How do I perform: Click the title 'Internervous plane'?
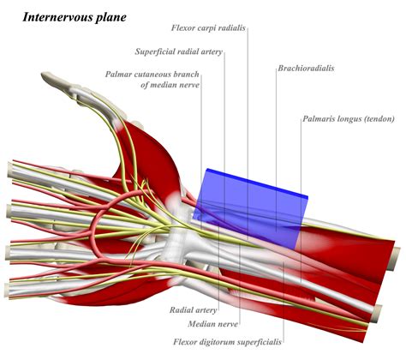75,16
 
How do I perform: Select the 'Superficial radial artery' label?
179,52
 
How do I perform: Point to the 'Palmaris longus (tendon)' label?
345,119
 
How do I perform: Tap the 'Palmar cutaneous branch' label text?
149,73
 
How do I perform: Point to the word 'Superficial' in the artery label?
158,52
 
